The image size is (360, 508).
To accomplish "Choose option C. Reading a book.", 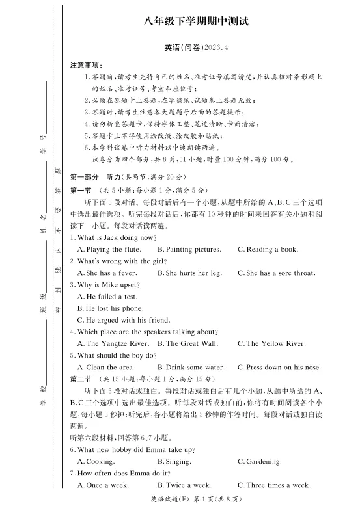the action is click(268, 250).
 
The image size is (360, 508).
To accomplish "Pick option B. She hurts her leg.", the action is click(189, 273).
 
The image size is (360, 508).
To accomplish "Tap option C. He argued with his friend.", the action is click(124, 320).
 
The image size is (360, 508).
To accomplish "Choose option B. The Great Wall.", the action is click(187, 343).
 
